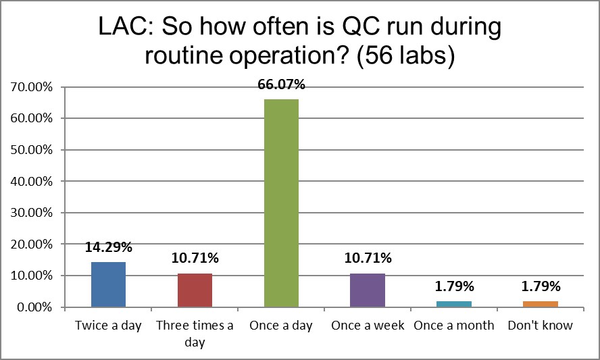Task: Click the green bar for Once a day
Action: pos(281,203)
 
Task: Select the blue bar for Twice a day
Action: pos(108,284)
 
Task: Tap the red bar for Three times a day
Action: pos(195,290)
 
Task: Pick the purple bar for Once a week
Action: pos(368,290)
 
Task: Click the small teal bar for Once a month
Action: pos(453,304)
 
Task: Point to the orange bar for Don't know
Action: pos(540,304)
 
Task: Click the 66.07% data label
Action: pos(281,85)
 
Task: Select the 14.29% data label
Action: pos(108,247)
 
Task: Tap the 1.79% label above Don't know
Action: pos(540,287)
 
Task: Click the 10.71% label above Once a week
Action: pos(368,259)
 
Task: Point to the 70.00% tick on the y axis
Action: pos(32,86)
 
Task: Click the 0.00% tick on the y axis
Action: pos(35,307)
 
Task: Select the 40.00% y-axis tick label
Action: pos(32,181)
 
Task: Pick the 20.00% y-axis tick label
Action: pos(32,244)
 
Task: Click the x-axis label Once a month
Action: pos(453,326)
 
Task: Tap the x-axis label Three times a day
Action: pos(195,334)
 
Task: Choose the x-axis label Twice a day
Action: pos(108,326)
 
